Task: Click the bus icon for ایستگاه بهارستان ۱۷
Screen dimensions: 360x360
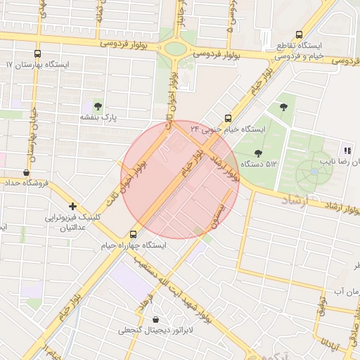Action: click(38, 53)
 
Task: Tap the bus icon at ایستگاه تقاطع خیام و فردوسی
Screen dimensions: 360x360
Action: click(300, 34)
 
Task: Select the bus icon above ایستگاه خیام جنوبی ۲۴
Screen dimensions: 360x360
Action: click(227, 118)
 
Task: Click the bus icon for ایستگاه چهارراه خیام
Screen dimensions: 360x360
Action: click(134, 234)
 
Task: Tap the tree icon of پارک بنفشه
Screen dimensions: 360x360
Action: click(97, 105)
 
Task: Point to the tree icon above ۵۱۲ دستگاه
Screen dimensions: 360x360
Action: click(258, 153)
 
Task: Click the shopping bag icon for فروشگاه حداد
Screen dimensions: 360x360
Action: click(27, 172)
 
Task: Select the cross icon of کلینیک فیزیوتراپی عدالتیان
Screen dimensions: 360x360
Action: click(73, 206)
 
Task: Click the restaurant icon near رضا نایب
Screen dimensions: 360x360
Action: click(347, 150)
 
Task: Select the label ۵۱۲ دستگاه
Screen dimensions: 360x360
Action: click(259, 164)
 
